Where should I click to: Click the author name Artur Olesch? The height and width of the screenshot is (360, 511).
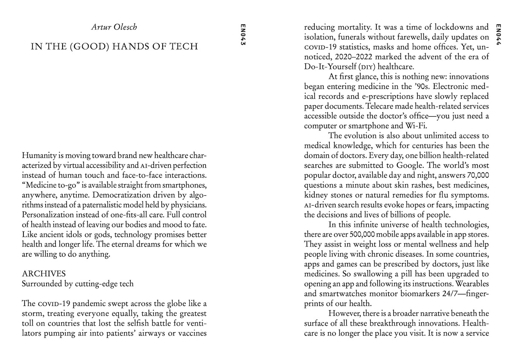click(114, 28)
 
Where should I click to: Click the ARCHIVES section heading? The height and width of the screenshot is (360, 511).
click(43, 273)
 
